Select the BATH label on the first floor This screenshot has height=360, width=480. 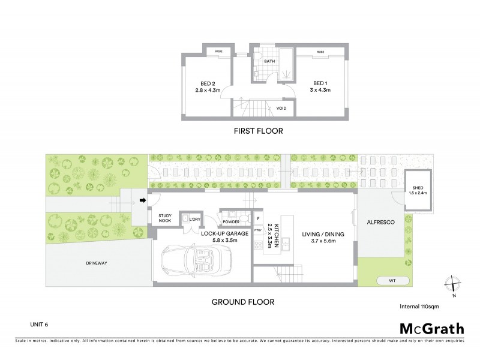pos(269,61)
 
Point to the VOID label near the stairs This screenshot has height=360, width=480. pos(281,108)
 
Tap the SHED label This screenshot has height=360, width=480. pos(418,189)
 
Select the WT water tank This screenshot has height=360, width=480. pos(393,280)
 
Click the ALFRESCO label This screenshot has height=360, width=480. pos(380,222)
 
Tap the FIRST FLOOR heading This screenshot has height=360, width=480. pos(259,131)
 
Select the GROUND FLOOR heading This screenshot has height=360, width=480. pos(243,302)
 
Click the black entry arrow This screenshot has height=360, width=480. pos(143,200)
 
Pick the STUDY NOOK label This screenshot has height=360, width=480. pos(166,219)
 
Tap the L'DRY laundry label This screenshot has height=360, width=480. pos(194,220)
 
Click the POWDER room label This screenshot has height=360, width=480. pos(230,221)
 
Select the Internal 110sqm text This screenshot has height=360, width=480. pos(419,306)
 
